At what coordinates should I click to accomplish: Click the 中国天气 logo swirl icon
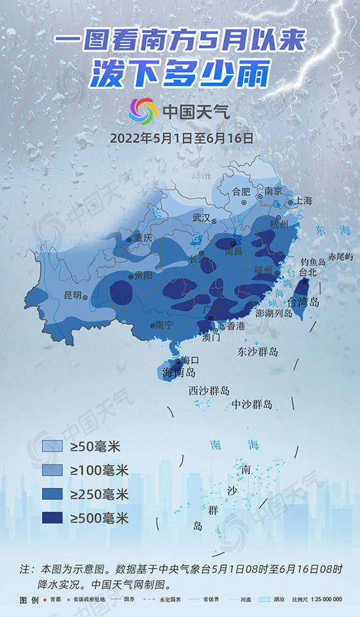click(x=143, y=109)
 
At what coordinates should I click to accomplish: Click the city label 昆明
click(x=73, y=295)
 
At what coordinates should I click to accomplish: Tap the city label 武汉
click(x=202, y=217)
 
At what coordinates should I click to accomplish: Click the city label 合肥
click(x=242, y=192)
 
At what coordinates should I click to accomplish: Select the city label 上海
click(x=303, y=201)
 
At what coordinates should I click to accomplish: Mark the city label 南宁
click(x=164, y=325)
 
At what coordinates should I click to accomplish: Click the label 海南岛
click(x=179, y=373)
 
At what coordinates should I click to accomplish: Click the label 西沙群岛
click(x=209, y=391)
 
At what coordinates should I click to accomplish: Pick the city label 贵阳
click(x=143, y=275)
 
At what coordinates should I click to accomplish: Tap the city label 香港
click(x=235, y=326)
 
